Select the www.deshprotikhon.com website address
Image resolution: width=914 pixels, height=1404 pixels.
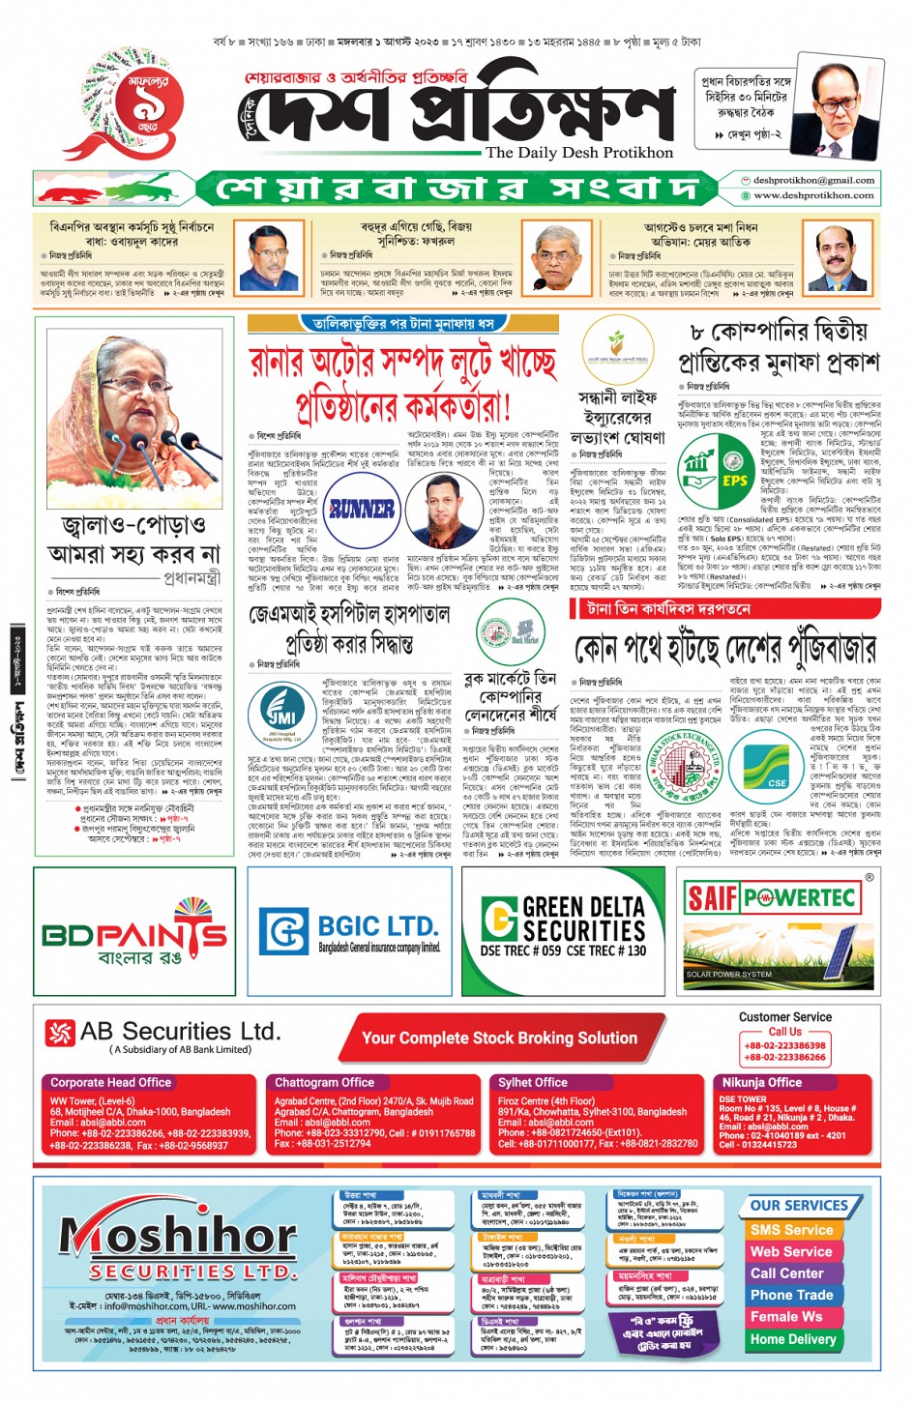[x=812, y=195]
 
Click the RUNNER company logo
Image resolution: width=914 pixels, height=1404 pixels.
[x=361, y=509]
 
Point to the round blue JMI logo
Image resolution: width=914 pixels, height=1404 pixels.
[x=281, y=715]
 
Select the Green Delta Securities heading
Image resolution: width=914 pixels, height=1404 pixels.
[x=583, y=919]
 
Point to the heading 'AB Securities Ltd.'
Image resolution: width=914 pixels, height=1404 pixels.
[x=180, y=1032]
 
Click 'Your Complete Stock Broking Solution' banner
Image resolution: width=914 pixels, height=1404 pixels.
[x=499, y=1038]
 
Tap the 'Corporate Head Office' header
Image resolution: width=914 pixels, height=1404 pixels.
[x=110, y=1082]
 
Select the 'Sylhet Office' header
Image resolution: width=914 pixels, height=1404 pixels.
[x=532, y=1082]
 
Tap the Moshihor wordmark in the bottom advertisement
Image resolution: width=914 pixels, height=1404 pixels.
[x=165, y=1236]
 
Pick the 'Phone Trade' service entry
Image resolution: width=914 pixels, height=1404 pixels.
[x=791, y=1295]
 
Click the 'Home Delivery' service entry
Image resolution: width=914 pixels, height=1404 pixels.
[x=793, y=1339]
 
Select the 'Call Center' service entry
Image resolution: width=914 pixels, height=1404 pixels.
[x=787, y=1272]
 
